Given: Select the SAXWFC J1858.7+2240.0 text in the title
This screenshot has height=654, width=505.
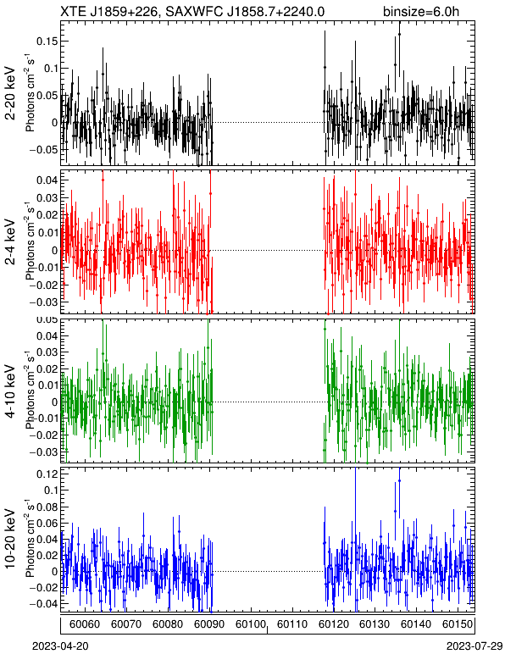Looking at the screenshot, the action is click(245, 11).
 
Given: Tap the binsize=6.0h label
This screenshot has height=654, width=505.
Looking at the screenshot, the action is click(421, 12).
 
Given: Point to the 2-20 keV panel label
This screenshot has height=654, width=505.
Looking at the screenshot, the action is click(10, 93).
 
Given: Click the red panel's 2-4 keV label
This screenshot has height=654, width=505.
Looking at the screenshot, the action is click(10, 242).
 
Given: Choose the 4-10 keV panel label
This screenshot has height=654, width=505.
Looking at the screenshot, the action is click(10, 391).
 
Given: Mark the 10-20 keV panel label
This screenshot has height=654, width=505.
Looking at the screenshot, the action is click(10, 539).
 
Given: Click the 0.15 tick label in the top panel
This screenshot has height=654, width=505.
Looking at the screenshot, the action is click(47, 42).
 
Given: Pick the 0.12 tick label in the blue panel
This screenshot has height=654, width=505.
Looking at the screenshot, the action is click(47, 474).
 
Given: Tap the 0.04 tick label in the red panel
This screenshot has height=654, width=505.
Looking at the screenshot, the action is click(47, 180).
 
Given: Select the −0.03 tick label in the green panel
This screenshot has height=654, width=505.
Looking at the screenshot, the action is click(44, 452).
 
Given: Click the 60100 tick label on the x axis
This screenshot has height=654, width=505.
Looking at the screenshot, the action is click(251, 624).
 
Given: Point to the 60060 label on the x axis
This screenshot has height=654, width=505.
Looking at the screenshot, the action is click(85, 624).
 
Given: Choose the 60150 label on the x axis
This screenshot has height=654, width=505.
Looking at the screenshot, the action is click(458, 624).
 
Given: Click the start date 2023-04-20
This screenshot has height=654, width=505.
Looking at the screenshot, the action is click(60, 646).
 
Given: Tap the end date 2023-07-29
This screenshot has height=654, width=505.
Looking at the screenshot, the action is click(474, 646).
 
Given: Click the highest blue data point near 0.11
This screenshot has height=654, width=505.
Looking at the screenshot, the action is click(399, 480).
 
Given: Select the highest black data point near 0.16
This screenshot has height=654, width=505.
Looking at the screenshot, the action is click(399, 34).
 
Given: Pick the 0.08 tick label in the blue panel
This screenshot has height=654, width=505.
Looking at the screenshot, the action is click(47, 507).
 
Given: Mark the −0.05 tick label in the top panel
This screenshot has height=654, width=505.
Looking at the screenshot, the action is click(44, 150).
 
